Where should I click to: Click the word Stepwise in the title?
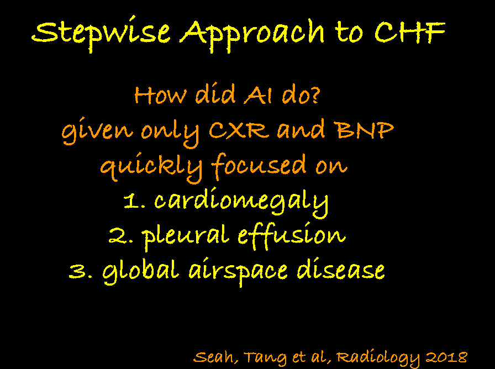[x=101, y=34]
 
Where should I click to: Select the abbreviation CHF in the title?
[x=410, y=32]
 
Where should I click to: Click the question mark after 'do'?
[x=315, y=95]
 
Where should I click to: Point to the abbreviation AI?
[x=258, y=95]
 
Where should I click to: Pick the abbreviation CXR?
[x=239, y=130]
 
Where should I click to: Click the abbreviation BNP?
[x=365, y=130]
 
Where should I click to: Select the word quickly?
[x=151, y=168]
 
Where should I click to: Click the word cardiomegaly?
[x=241, y=202]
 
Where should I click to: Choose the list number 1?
[x=134, y=201]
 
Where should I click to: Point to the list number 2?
[x=120, y=236]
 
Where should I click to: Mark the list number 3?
[x=81, y=271]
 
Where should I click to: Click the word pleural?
[x=185, y=236]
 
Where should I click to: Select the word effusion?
[x=291, y=236]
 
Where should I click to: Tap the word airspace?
[x=238, y=271]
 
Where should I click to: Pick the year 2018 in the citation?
[x=446, y=357]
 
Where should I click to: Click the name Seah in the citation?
[x=213, y=357]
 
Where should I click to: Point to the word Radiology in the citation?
[x=378, y=357]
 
